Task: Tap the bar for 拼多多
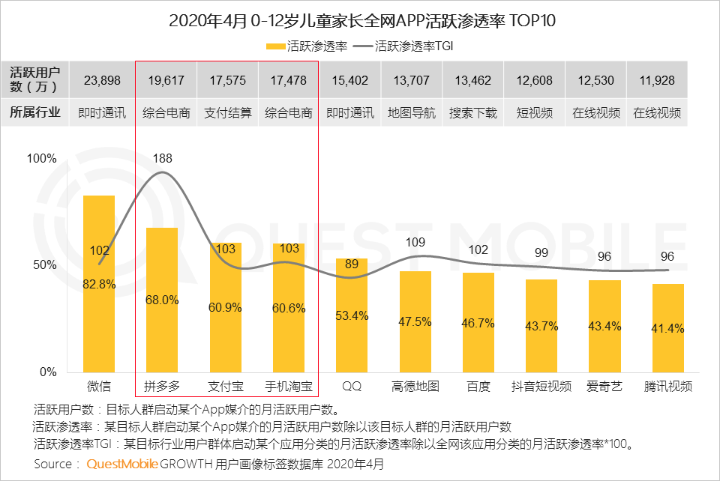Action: pyautogui.click(x=162, y=300)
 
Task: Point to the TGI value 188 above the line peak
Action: pyautogui.click(x=162, y=158)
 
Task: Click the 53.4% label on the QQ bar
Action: pyautogui.click(x=352, y=316)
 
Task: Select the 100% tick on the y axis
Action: pyautogui.click(x=42, y=159)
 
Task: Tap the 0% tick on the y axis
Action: pyautogui.click(x=47, y=372)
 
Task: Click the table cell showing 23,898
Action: pyautogui.click(x=102, y=79)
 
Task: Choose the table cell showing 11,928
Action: pyautogui.click(x=657, y=79)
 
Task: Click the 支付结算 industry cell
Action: pyautogui.click(x=227, y=113)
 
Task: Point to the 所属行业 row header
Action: pyautogui.click(x=34, y=113)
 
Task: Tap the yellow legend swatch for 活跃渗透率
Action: pyautogui.click(x=276, y=46)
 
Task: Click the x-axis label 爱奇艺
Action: pyautogui.click(x=604, y=387)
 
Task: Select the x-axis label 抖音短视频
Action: pyautogui.click(x=541, y=387)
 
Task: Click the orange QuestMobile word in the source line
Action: pyautogui.click(x=122, y=465)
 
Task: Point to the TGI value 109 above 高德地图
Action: pyautogui.click(x=415, y=242)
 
